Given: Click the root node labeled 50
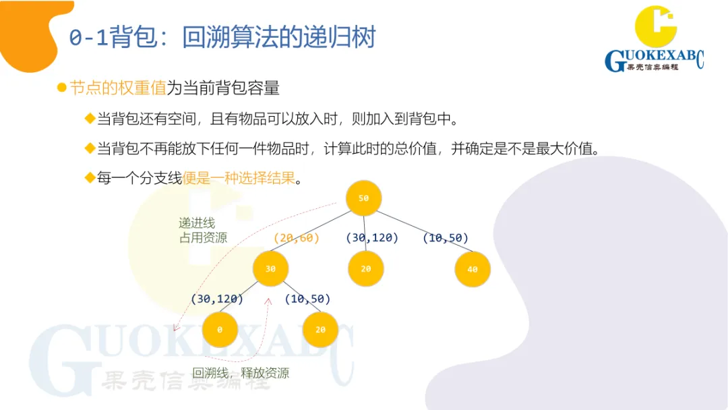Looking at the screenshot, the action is tap(363, 198).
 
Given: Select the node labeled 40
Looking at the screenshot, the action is tap(472, 269).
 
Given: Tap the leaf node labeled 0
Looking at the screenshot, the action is tap(220, 330).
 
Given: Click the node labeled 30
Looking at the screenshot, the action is tap(270, 268).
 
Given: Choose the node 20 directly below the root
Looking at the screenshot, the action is tap(365, 268).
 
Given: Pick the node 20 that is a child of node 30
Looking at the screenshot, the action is tap(320, 330).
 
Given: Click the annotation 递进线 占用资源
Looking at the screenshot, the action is tap(202, 230).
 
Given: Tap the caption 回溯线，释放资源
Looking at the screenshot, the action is tap(241, 373).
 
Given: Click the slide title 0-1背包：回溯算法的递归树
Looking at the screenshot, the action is tap(222, 37).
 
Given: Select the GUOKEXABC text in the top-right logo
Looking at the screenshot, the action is tap(654, 61).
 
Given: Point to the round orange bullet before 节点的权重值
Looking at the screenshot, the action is tap(61, 88).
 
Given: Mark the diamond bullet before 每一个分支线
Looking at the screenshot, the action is tap(89, 178).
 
